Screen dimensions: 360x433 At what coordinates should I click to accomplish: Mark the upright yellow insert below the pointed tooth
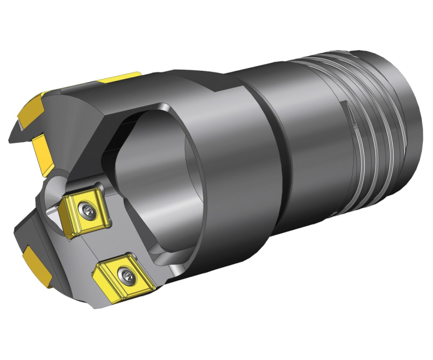43,148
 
